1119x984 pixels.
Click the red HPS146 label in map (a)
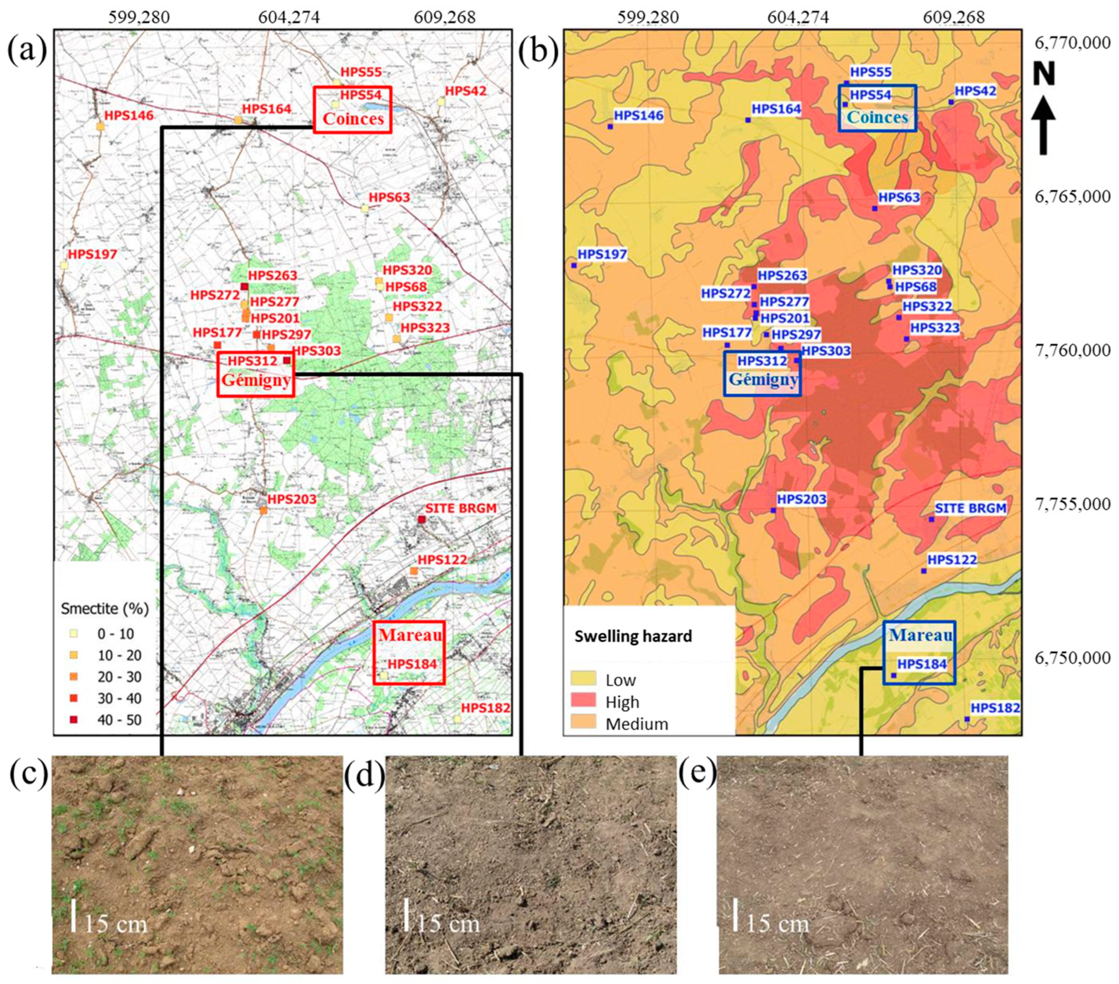(x=129, y=115)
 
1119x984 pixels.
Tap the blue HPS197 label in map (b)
(x=602, y=255)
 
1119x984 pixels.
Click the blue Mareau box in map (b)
(x=919, y=653)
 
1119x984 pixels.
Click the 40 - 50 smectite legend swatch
(x=74, y=720)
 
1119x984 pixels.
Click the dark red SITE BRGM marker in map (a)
(x=421, y=519)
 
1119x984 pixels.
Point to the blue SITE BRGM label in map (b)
(x=970, y=508)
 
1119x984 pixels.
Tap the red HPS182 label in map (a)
(x=485, y=707)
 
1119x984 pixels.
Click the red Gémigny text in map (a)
(x=256, y=380)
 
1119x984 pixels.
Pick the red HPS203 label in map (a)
(x=292, y=499)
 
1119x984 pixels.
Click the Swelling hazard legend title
(x=633, y=636)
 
